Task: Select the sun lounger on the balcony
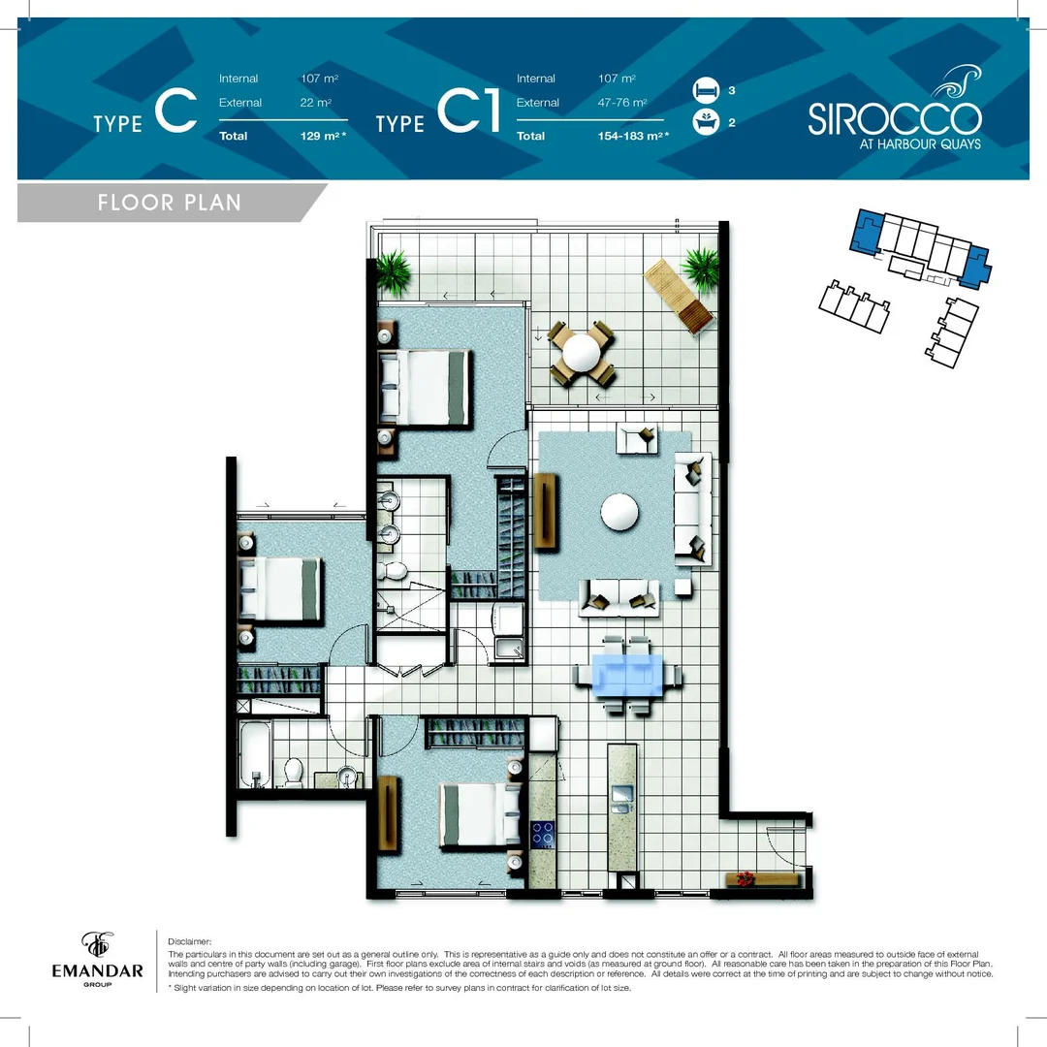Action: [x=679, y=298]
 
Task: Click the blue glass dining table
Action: [x=627, y=674]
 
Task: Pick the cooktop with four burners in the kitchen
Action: [x=542, y=833]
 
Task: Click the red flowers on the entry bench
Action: [x=745, y=878]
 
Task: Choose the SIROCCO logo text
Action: [x=894, y=119]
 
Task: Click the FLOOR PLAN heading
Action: [x=169, y=203]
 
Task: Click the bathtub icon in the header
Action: [x=705, y=123]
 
